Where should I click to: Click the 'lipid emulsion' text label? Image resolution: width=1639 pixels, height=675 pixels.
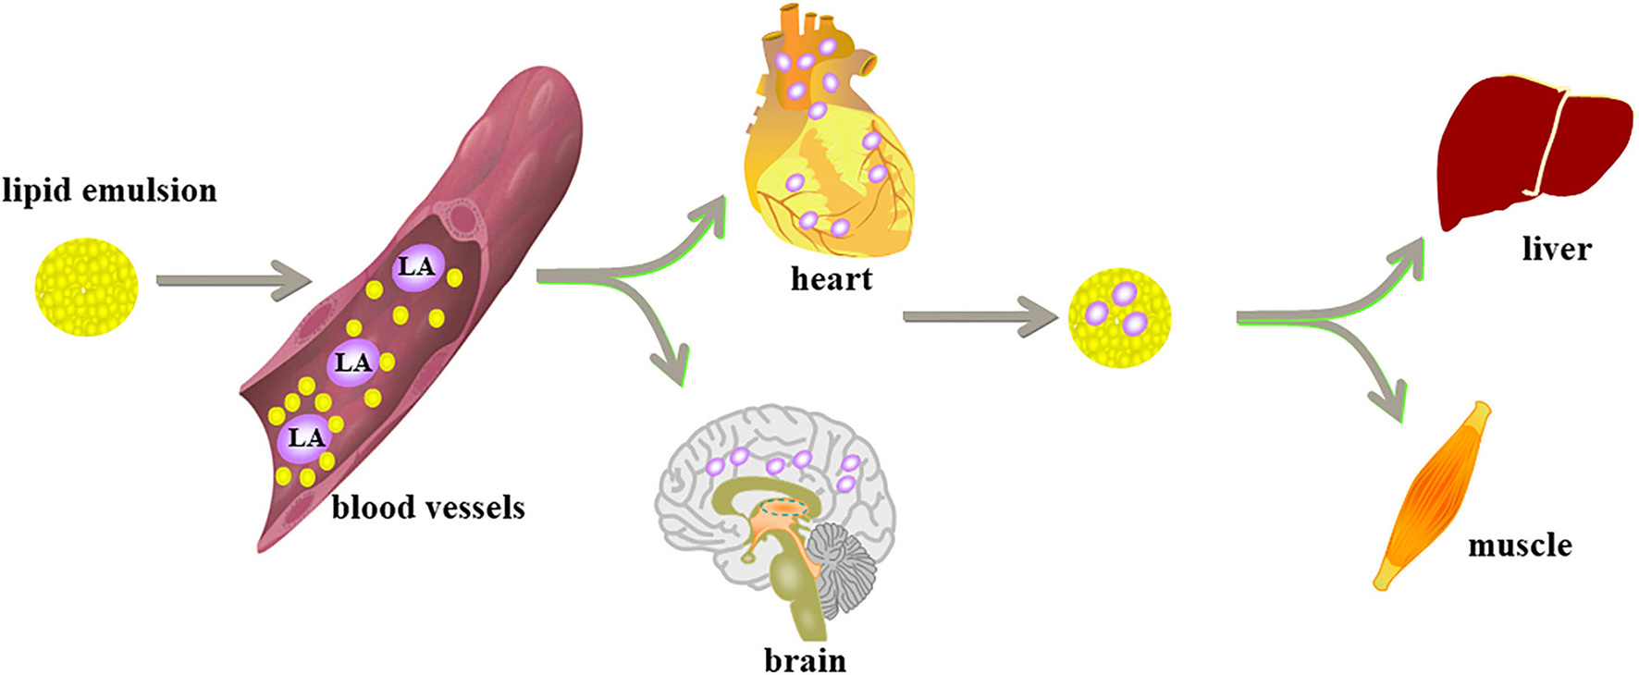109,190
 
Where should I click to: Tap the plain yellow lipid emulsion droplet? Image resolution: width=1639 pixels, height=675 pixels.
86,287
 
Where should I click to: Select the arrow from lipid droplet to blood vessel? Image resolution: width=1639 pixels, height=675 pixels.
231,279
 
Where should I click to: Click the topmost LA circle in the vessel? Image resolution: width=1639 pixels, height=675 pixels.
416,267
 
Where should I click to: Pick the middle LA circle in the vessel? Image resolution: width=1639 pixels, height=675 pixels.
352,362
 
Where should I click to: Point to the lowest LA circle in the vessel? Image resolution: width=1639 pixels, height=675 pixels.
304,437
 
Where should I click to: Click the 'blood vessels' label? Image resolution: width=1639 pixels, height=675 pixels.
428,508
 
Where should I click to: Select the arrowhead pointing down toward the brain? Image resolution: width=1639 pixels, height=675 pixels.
673,364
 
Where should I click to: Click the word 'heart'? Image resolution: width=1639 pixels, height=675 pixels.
831,278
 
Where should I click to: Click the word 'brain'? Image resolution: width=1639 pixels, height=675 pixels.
805,660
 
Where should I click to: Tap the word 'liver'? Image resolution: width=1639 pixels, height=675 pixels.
1557,249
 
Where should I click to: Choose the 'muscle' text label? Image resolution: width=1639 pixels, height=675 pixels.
1520,546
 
